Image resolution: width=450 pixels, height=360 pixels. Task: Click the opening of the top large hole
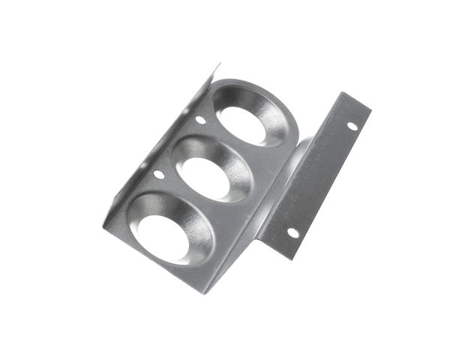[x=244, y=124]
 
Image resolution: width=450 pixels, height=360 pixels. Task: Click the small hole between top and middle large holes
[x=200, y=119]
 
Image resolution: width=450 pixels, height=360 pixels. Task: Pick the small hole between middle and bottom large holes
[x=158, y=174]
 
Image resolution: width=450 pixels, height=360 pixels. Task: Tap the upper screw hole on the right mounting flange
[x=352, y=125]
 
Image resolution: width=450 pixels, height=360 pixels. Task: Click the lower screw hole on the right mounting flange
[x=293, y=232]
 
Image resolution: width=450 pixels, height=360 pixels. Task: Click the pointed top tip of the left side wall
[x=218, y=67]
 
